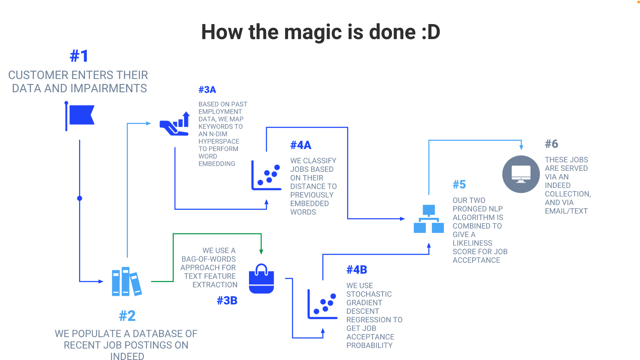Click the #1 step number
point(79,56)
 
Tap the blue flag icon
point(80,116)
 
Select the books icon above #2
point(127,281)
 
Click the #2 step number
point(127,316)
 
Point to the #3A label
point(207,90)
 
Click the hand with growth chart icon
point(175,124)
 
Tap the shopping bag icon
point(261,279)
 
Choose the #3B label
point(227,301)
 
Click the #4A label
point(301,145)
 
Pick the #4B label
point(357,270)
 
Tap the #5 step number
point(459,185)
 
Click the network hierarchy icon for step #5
point(429,219)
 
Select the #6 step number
point(551,144)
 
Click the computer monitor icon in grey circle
point(521,174)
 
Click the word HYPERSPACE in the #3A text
point(219,141)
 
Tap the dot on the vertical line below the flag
point(80,198)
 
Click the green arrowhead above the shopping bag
point(261,252)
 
